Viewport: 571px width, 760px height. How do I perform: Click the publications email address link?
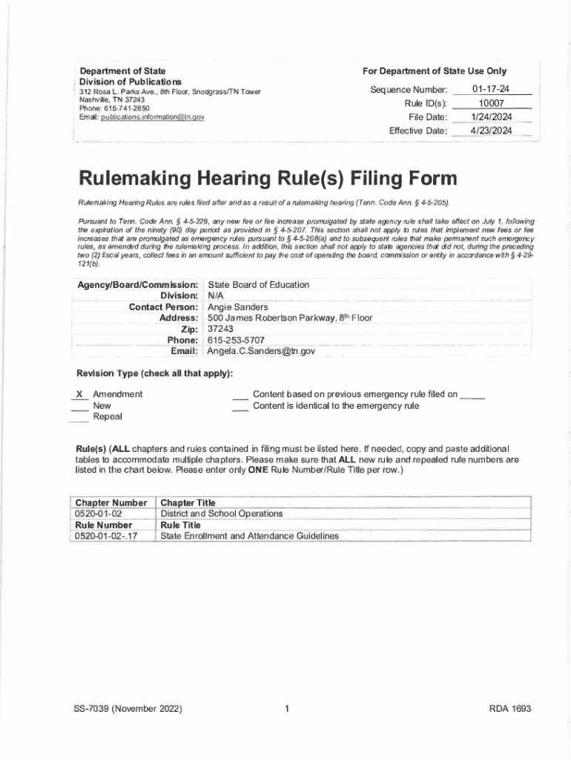click(x=152, y=117)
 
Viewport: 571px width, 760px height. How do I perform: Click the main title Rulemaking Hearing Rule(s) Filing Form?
click(x=268, y=180)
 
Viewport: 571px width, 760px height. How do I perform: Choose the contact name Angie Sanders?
click(x=238, y=307)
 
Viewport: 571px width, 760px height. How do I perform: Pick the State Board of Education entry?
click(x=258, y=284)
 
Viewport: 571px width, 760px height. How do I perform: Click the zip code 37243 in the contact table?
click(x=220, y=329)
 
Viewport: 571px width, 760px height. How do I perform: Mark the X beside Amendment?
click(x=78, y=394)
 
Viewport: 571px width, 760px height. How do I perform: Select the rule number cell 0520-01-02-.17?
click(x=106, y=536)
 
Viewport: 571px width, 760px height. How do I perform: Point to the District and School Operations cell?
click(x=222, y=514)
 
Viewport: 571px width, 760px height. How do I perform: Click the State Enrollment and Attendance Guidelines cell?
click(x=249, y=536)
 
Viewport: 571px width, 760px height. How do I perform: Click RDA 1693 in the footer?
click(x=510, y=709)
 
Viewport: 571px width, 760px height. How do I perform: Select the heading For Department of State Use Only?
click(x=435, y=71)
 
